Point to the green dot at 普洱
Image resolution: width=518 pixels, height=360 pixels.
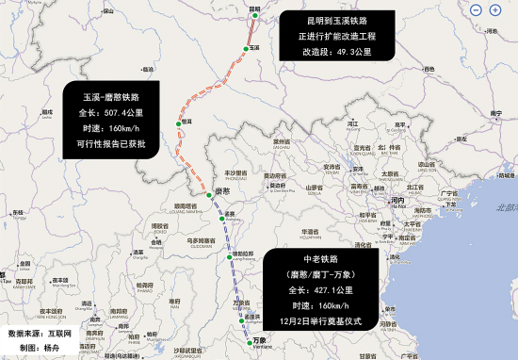pyautogui.click(x=177, y=123)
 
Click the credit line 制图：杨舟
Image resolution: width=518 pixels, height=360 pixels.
pyautogui.click(x=34, y=348)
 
